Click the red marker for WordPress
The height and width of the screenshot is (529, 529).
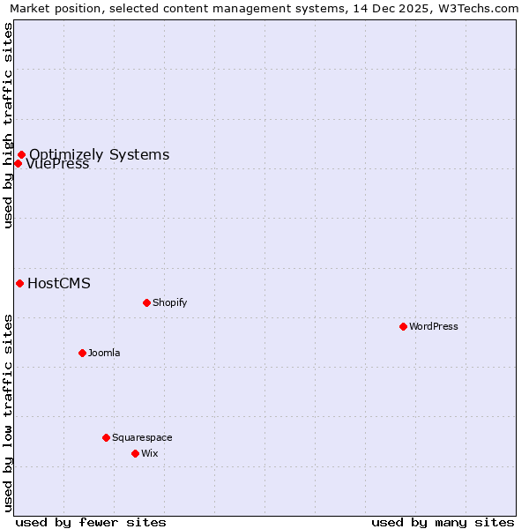tap(403, 326)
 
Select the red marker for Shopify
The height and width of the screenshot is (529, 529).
tap(146, 302)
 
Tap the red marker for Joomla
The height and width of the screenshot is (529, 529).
tap(82, 353)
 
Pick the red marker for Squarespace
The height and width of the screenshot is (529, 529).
tap(106, 437)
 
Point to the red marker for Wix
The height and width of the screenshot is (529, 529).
tap(135, 453)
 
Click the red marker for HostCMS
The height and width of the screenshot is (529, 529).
tap(19, 283)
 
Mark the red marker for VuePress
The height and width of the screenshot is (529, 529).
tap(18, 163)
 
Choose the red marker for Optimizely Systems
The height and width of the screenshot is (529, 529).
tap(21, 155)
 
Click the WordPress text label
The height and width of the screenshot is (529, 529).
tap(434, 326)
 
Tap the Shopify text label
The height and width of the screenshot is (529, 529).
tap(170, 302)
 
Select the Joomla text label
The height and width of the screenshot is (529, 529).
tap(104, 353)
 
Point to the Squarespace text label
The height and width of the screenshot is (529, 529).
tap(142, 437)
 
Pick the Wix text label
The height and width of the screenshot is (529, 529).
tap(150, 453)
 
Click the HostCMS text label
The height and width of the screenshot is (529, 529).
tap(59, 283)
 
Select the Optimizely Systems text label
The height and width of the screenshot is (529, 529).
tap(100, 155)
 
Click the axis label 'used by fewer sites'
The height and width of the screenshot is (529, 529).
tap(91, 522)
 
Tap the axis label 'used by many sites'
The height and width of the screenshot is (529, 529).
tap(443, 522)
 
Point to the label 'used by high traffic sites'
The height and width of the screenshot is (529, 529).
tap(9, 125)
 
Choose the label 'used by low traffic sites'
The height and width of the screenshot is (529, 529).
tap(9, 413)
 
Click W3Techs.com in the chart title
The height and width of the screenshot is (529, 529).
tap(477, 9)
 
